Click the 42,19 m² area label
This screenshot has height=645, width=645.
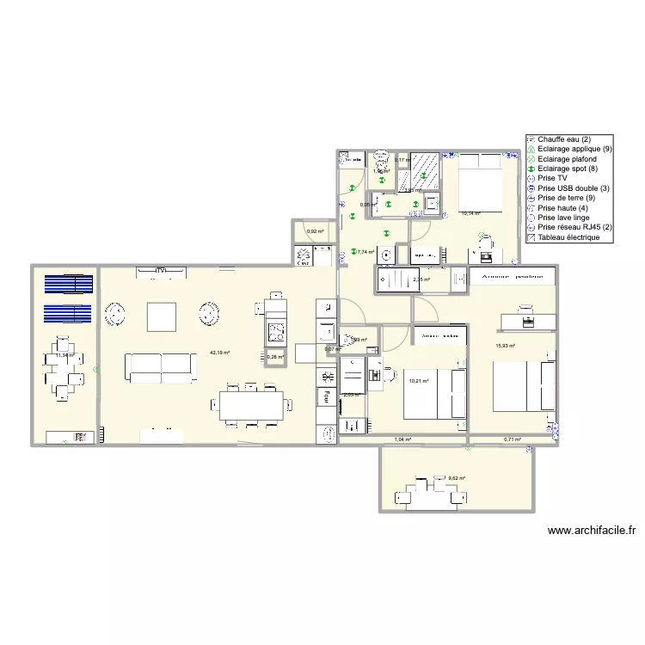pyautogui.click(x=219, y=353)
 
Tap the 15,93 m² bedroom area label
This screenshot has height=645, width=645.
pyautogui.click(x=505, y=347)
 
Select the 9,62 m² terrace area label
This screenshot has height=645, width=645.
pyautogui.click(x=456, y=478)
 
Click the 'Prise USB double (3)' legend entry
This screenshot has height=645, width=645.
pyautogui.click(x=574, y=187)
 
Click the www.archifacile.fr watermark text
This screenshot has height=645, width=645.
pyautogui.click(x=590, y=532)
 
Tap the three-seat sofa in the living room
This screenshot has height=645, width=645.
pyautogui.click(x=161, y=366)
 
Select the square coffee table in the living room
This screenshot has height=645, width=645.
pyautogui.click(x=161, y=317)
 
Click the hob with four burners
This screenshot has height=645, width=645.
pyautogui.click(x=276, y=330)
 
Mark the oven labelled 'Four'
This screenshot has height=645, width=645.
pyautogui.click(x=327, y=396)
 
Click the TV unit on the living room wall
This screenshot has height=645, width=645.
pyautogui.click(x=160, y=273)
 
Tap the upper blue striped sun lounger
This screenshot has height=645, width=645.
pyautogui.click(x=68, y=284)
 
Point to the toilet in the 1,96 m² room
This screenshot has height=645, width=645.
pyautogui.click(x=378, y=163)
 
